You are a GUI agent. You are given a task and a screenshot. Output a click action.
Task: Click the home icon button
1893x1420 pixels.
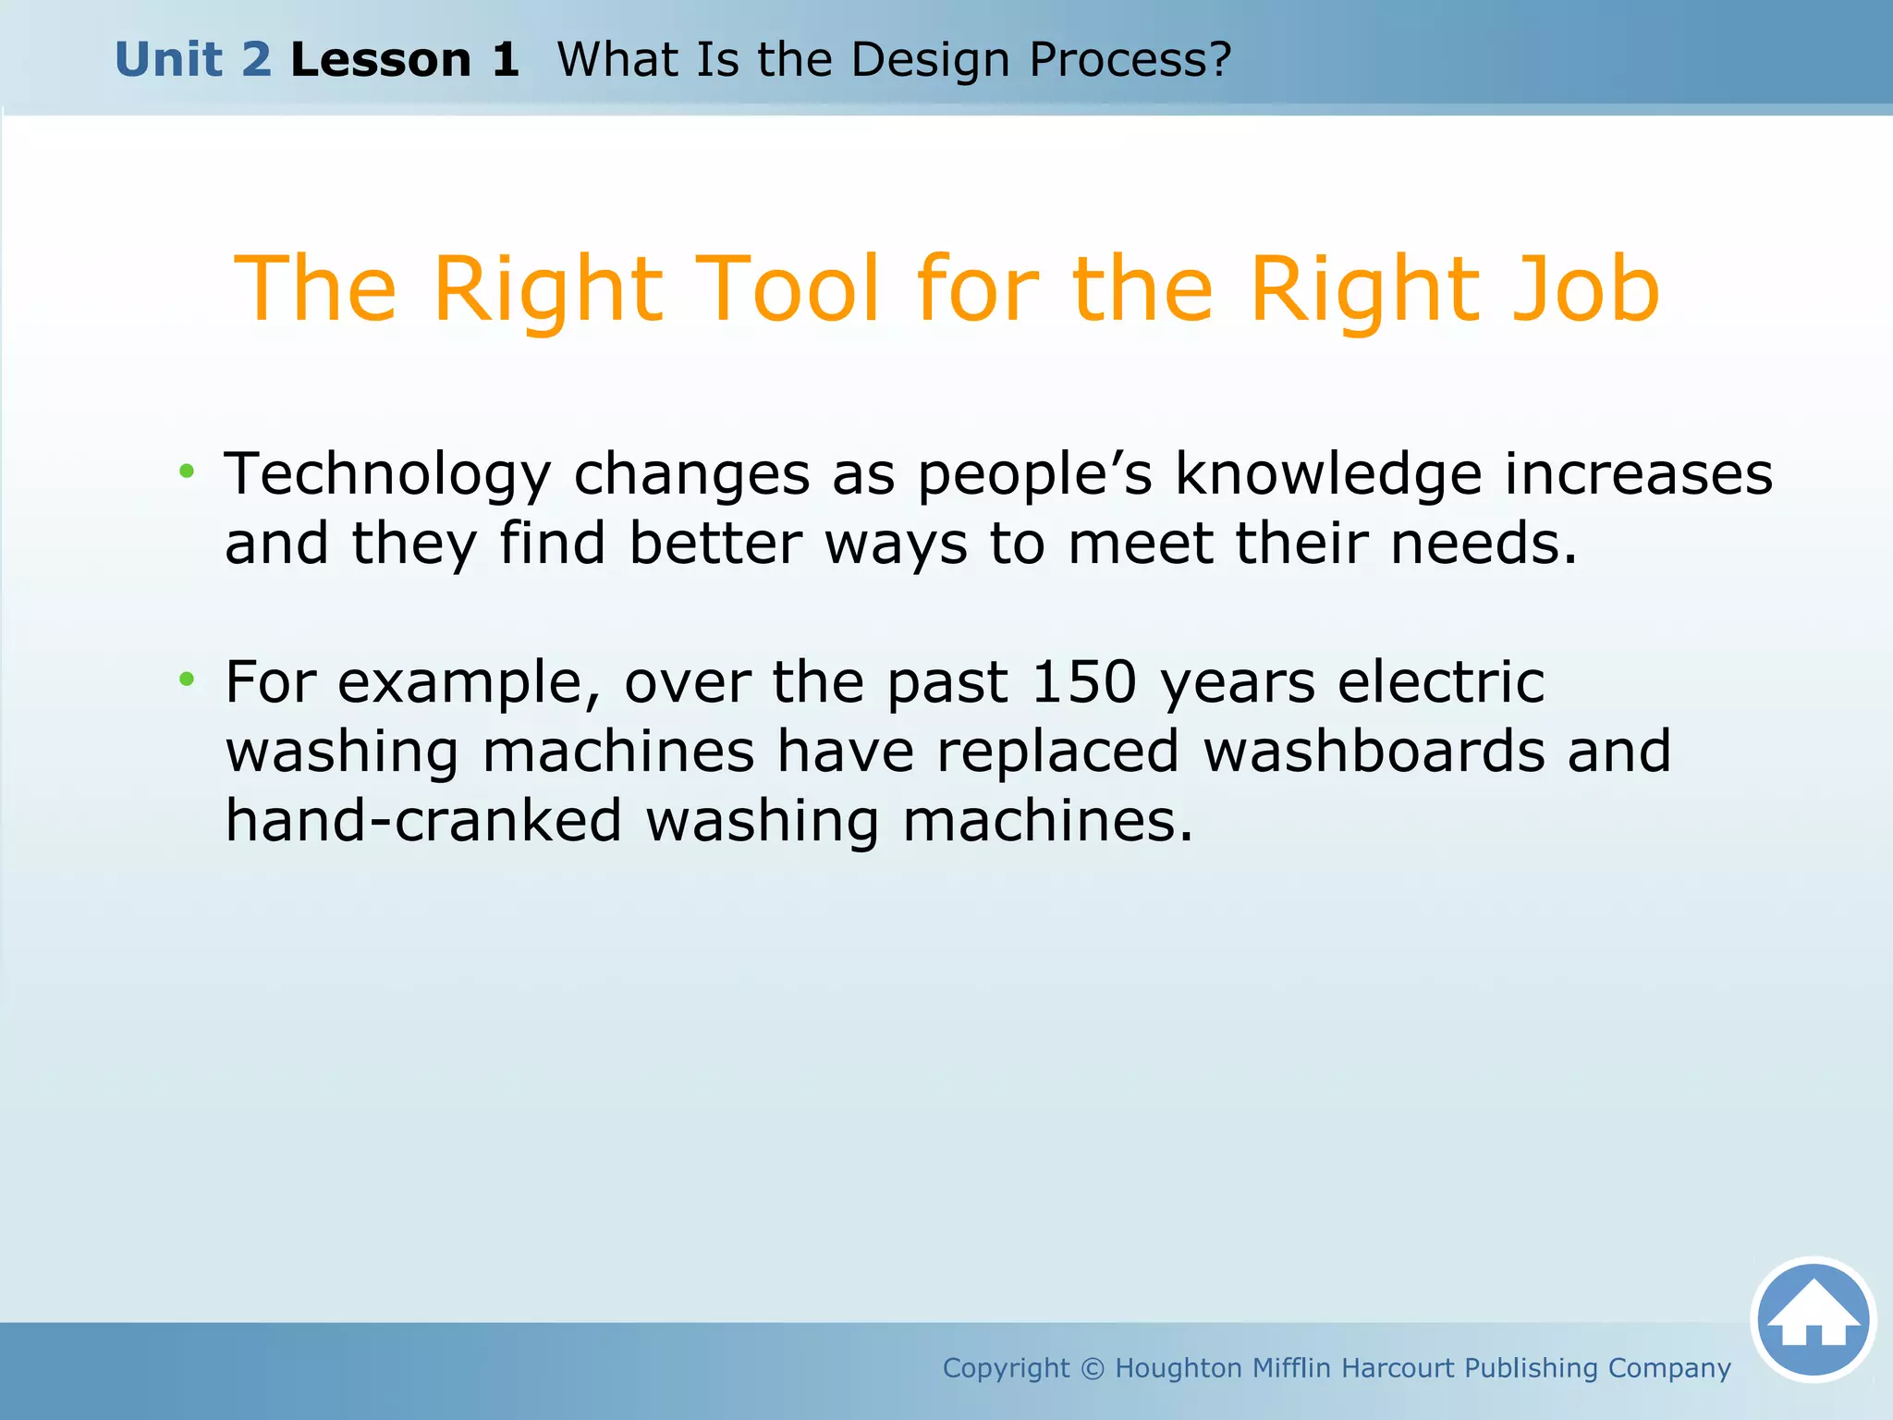point(1813,1319)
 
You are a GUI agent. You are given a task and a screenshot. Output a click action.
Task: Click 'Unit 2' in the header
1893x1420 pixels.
point(193,60)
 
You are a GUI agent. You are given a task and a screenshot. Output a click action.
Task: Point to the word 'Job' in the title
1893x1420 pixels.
point(1585,291)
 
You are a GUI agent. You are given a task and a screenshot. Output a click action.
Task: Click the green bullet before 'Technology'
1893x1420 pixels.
point(188,472)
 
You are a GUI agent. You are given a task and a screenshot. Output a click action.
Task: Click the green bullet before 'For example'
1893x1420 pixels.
point(188,680)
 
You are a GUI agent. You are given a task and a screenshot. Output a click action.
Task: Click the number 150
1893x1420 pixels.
point(1083,683)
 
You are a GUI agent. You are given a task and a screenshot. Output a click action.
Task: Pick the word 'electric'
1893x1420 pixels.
point(1441,683)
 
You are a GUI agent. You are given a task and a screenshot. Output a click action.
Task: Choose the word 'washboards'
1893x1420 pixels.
point(1374,752)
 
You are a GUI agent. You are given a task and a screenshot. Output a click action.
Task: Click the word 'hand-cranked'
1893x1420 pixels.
point(424,822)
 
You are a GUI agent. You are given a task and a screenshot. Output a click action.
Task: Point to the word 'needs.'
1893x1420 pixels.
point(1484,544)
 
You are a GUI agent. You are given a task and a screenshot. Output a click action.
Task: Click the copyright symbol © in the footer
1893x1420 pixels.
point(1093,1368)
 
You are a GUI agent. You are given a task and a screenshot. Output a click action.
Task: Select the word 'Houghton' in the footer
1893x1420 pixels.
point(1179,1368)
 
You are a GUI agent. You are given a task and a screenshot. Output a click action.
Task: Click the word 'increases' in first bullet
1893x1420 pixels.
point(1638,474)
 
